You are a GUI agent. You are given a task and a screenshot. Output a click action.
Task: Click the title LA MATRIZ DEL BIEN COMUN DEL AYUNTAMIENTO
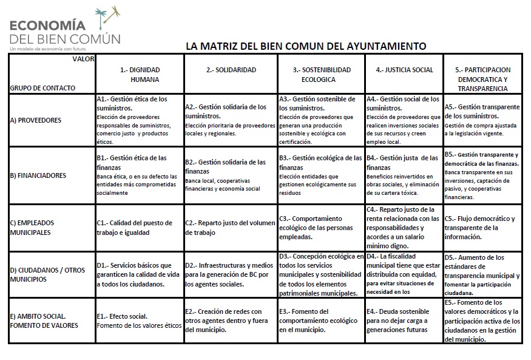[x=306, y=46]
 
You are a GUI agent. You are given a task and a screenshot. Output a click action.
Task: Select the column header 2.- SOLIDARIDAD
[x=231, y=70]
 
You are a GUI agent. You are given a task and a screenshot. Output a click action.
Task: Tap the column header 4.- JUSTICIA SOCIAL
[x=404, y=70]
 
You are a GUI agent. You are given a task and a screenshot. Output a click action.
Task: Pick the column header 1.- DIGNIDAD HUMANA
[x=140, y=74]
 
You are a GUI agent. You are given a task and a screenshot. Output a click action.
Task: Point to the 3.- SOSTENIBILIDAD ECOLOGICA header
[x=322, y=74]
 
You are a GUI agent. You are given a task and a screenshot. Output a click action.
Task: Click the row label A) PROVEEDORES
[x=35, y=120]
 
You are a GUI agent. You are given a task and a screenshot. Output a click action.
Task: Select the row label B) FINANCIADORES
[x=38, y=175]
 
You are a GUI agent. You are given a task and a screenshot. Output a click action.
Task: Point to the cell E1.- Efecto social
[x=139, y=321]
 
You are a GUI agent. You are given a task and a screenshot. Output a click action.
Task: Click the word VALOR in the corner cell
[x=83, y=59]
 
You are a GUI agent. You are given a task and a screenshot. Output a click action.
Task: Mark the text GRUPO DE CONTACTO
[x=42, y=88]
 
